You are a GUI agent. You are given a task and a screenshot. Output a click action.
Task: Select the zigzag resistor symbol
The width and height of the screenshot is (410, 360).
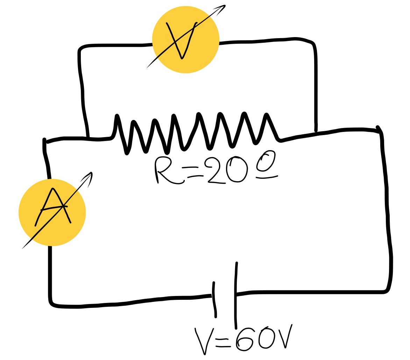click(196, 133)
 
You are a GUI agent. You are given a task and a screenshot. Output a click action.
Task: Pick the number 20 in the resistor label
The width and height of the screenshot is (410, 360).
click(226, 170)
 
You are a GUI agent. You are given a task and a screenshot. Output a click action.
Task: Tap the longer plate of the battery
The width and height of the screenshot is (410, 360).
click(236, 294)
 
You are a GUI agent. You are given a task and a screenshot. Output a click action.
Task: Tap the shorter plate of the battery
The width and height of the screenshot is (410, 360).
click(214, 299)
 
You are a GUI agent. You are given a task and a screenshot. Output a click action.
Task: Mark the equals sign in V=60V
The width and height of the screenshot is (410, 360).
click(223, 343)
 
